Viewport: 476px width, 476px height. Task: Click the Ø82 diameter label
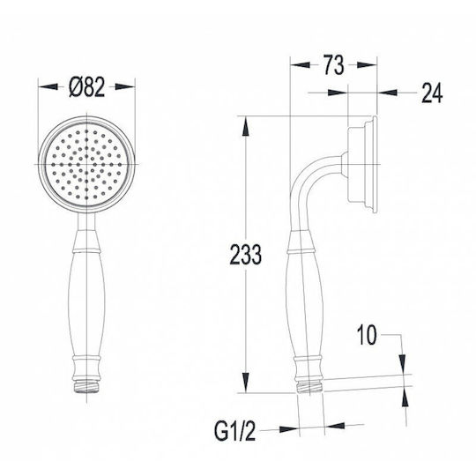point(86,87)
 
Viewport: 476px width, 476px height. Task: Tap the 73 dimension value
point(333,65)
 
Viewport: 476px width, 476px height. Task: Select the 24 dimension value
point(432,93)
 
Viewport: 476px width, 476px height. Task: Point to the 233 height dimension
point(245,255)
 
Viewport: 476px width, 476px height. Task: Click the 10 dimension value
point(367,335)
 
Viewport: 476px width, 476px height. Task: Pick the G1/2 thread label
point(234,431)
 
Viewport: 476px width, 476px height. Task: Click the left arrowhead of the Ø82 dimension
point(48,86)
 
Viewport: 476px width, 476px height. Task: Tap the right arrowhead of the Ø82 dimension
point(125,86)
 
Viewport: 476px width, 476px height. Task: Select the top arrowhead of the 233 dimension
point(245,127)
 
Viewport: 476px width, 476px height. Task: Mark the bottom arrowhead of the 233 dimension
point(245,383)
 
